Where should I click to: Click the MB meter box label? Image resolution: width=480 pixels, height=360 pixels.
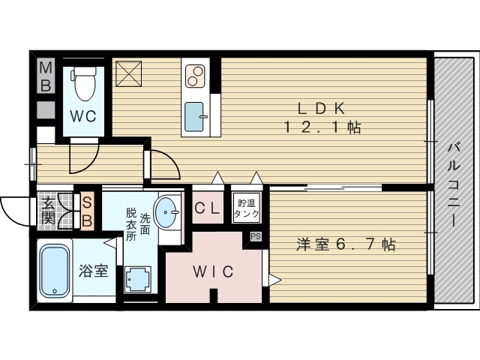46,76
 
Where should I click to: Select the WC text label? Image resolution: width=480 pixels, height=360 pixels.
83,116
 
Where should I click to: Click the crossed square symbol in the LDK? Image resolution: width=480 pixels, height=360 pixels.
128,73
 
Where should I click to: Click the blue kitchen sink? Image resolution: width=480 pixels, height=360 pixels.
194,117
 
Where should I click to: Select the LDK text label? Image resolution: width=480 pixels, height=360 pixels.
322,108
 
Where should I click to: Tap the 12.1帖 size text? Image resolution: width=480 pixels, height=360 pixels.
322,127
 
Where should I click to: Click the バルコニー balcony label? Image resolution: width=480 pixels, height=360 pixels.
454,184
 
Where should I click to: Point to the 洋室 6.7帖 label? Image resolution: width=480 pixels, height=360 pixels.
346,244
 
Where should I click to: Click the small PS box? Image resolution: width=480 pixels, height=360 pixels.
256,236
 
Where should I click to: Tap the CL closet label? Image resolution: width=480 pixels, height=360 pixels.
207,208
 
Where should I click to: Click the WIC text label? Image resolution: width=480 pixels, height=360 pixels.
213,271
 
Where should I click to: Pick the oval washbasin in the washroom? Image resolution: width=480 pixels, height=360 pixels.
166,211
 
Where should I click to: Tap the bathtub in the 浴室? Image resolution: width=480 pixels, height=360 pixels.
55,271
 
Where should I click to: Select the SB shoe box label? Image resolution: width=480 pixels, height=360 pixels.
87,211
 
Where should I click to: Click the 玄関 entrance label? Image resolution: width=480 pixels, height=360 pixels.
48,211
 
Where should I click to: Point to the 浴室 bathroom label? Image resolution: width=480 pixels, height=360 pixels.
93,271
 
